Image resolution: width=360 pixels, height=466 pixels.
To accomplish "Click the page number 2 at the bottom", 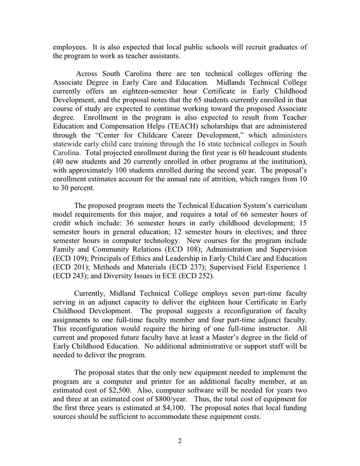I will [179, 441].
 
